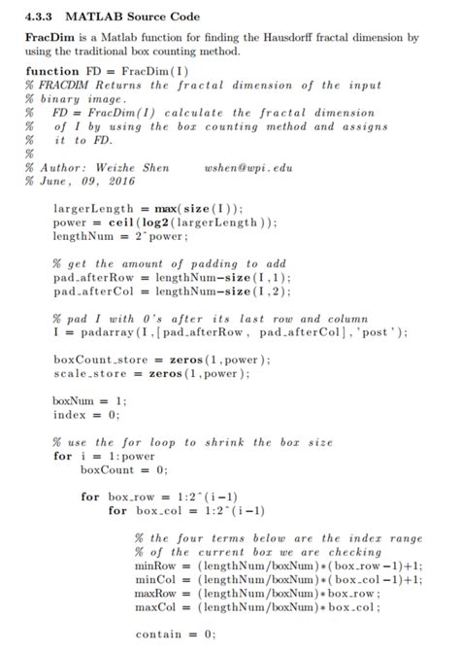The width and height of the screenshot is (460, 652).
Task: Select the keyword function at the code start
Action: (x=53, y=72)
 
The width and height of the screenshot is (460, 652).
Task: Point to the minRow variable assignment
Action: (x=155, y=565)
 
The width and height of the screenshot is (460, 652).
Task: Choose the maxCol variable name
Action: (x=155, y=606)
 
